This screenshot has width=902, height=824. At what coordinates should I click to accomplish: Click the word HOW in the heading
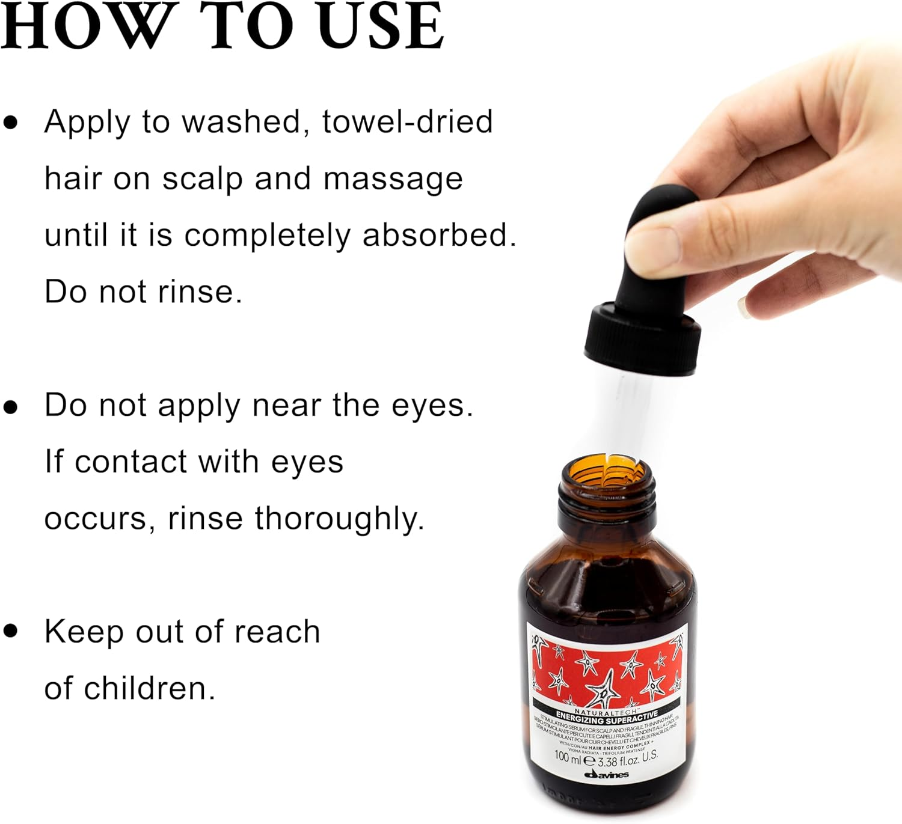pyautogui.click(x=85, y=27)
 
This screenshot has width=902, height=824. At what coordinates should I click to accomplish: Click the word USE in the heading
pyautogui.click(x=381, y=27)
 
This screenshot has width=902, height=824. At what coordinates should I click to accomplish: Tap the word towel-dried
pyautogui.click(x=407, y=122)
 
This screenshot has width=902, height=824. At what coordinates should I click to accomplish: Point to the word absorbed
pyautogui.click(x=438, y=235)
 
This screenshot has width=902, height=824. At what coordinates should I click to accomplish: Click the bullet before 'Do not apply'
pyautogui.click(x=11, y=406)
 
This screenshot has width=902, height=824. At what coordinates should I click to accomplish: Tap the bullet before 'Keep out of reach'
pyautogui.click(x=11, y=631)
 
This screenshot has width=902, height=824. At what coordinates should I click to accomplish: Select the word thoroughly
pyautogui.click(x=339, y=519)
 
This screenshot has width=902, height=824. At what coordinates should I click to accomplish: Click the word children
pyautogui.click(x=149, y=689)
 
